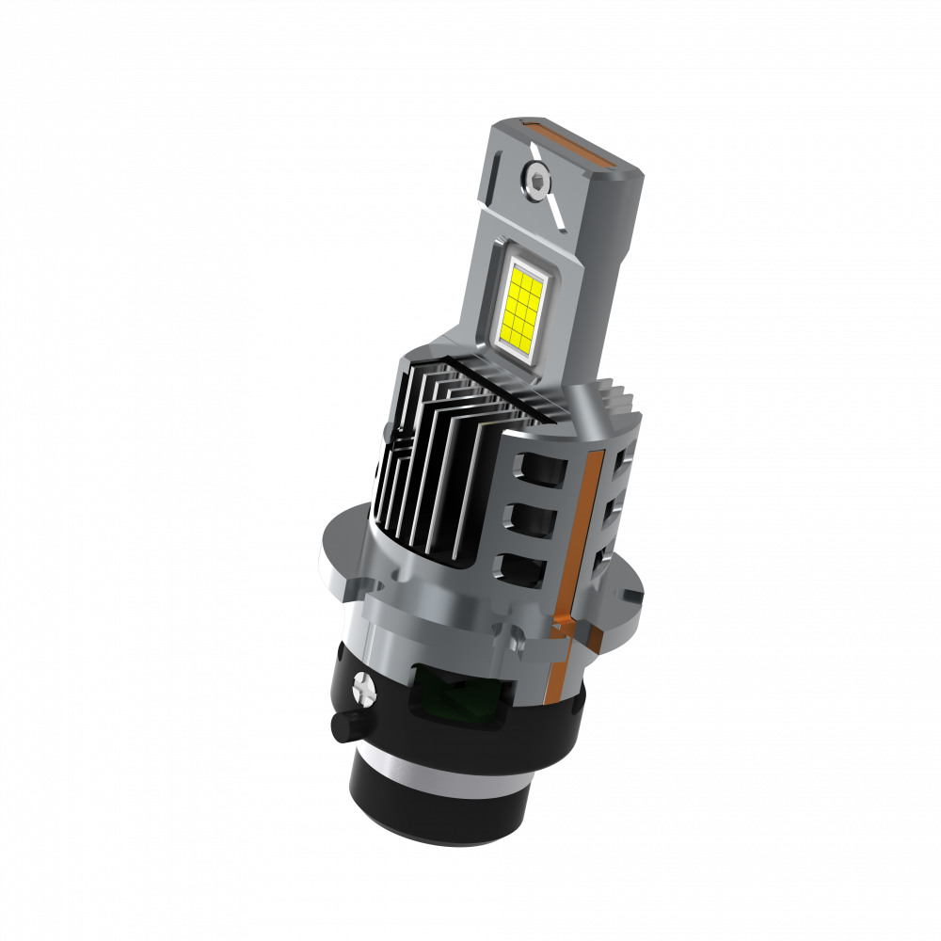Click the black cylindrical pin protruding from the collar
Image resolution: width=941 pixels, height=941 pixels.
(x=344, y=727)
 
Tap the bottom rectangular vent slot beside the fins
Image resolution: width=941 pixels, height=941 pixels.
(x=521, y=566)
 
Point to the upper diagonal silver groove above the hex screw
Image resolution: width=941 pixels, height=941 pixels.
(x=535, y=148)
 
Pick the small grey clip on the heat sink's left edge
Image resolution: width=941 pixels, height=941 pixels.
(x=388, y=432)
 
